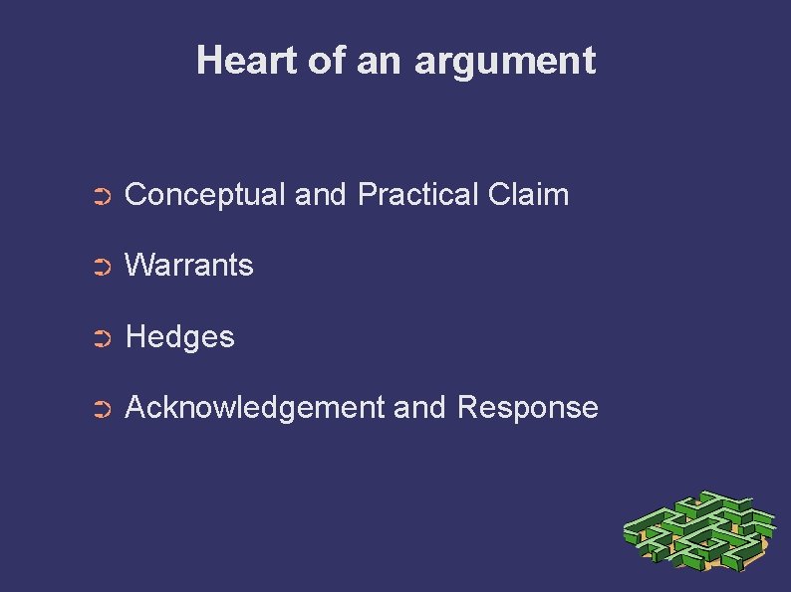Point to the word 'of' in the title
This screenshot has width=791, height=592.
(326, 61)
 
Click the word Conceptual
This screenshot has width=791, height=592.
(206, 195)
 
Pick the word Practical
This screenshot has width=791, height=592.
(418, 194)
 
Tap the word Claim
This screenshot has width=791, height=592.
(529, 194)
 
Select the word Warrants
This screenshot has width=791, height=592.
(189, 266)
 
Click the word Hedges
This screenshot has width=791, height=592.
(180, 337)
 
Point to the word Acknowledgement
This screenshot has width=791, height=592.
(254, 408)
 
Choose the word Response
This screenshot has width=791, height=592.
(528, 408)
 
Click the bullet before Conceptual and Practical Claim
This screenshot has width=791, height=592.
(100, 197)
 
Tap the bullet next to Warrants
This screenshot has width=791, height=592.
(100, 268)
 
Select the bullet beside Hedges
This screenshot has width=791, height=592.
(100, 339)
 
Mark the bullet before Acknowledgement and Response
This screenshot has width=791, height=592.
(100, 410)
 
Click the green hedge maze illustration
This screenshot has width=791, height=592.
(698, 531)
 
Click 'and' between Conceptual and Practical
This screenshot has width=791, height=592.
(319, 194)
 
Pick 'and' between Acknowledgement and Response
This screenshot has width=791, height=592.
(420, 408)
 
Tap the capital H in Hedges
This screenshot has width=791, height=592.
(135, 337)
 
